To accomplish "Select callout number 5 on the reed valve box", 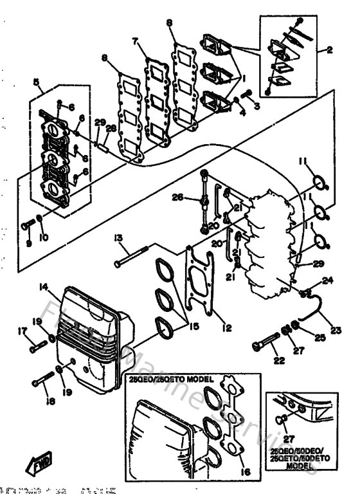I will tap(36, 82).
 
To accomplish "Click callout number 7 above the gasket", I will tap(136, 41).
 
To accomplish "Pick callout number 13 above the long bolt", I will tap(118, 237).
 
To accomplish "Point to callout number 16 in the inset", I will tap(242, 471).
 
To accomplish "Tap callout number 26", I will tap(178, 197).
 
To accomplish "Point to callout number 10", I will tap(44, 238).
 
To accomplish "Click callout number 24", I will tap(328, 280).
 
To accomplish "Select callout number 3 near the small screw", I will tap(256, 105).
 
